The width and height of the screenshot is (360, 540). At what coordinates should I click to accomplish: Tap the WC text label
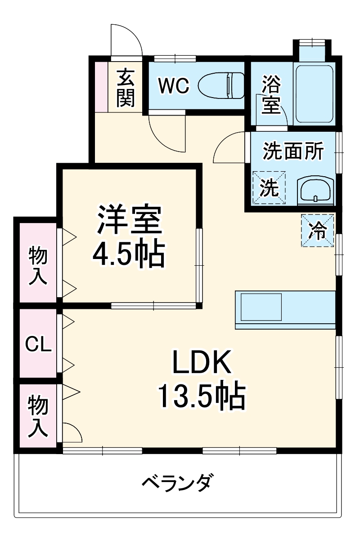point(174,86)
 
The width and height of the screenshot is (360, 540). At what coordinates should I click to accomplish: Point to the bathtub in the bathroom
point(314,94)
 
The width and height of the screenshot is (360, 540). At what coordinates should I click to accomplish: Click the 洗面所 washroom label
point(293,151)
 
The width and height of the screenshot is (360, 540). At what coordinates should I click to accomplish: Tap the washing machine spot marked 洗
point(269,187)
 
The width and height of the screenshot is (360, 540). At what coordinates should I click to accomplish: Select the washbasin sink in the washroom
point(315,190)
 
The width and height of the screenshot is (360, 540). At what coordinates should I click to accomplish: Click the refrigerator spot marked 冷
point(317,231)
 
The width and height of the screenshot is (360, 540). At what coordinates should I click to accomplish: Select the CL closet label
point(38,345)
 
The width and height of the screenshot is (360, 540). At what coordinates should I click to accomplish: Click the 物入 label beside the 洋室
point(38,266)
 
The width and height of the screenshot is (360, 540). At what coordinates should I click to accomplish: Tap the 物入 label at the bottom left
point(38,416)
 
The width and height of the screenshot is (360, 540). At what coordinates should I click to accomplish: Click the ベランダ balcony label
point(176,483)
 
